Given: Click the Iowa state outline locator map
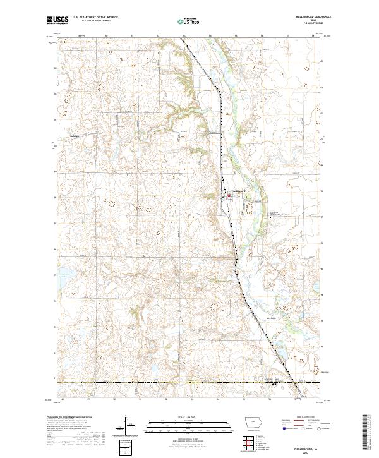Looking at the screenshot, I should [x=253, y=424].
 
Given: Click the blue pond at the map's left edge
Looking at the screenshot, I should [x=64, y=275].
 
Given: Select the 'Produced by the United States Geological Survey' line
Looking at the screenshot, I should [x=69, y=418].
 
